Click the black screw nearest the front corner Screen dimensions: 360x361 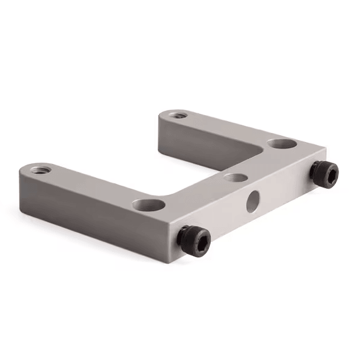pyautogui.click(x=194, y=238)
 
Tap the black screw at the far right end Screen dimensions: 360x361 pyautogui.click(x=323, y=173)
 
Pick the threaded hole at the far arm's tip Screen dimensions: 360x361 pyautogui.click(x=177, y=114)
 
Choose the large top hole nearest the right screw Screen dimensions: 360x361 pyautogui.click(x=281, y=144)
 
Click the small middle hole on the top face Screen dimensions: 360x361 pyautogui.click(x=235, y=178)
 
